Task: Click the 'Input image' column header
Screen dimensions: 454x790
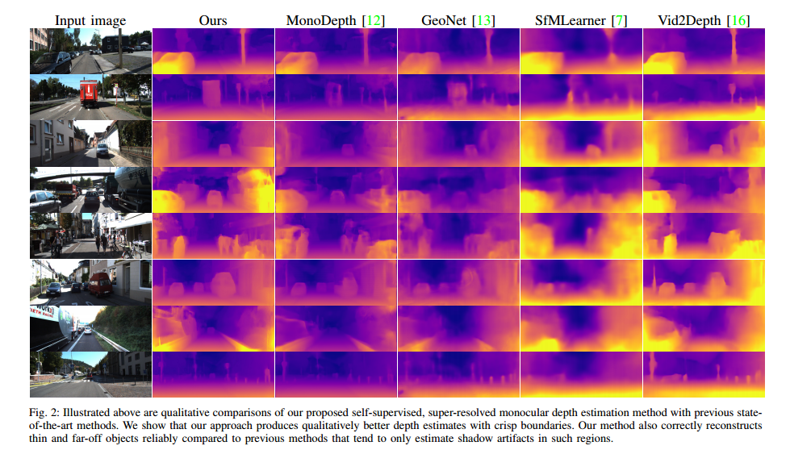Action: pos(90,20)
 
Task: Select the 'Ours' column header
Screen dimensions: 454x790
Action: pos(213,20)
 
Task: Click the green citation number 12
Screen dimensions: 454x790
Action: pos(372,20)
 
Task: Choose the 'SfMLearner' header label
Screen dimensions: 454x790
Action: pos(570,20)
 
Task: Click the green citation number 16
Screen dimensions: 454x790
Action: pos(738,20)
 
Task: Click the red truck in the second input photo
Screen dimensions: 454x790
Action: pos(90,93)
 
